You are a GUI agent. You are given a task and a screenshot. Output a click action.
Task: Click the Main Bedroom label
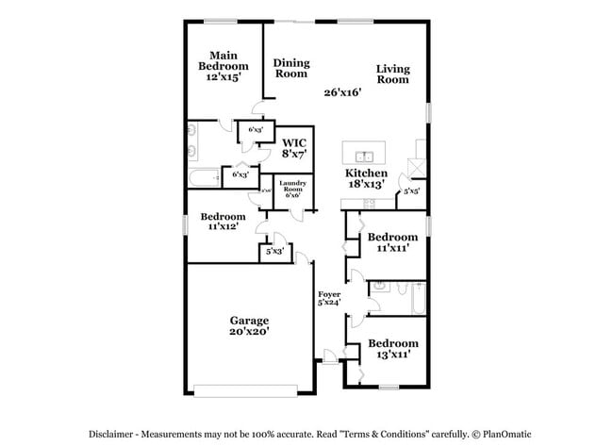pos(223,66)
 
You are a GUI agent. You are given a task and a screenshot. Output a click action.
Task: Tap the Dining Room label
pos(291,68)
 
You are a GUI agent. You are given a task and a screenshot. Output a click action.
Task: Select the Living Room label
pos(392,74)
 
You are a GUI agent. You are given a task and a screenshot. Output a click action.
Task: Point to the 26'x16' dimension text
pos(342,92)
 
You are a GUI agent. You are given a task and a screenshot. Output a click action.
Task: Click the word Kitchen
pos(366,173)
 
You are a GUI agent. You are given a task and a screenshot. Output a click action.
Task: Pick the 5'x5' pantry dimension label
pos(411,191)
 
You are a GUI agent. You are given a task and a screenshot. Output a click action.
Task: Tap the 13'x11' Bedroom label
pos(392,349)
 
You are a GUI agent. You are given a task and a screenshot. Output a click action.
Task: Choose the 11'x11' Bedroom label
pos(392,242)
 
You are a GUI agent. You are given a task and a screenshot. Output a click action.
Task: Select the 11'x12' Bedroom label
pos(224,221)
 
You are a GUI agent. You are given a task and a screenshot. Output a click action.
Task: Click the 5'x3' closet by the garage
pos(274,252)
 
